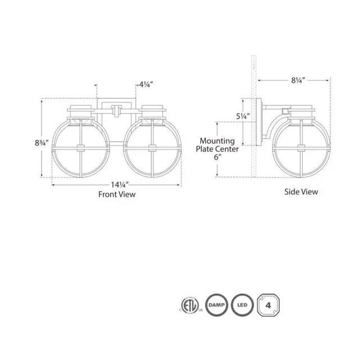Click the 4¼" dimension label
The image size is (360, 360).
(x=145, y=86)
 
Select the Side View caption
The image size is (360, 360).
(x=301, y=192)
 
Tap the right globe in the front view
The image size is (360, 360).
(x=152, y=148)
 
